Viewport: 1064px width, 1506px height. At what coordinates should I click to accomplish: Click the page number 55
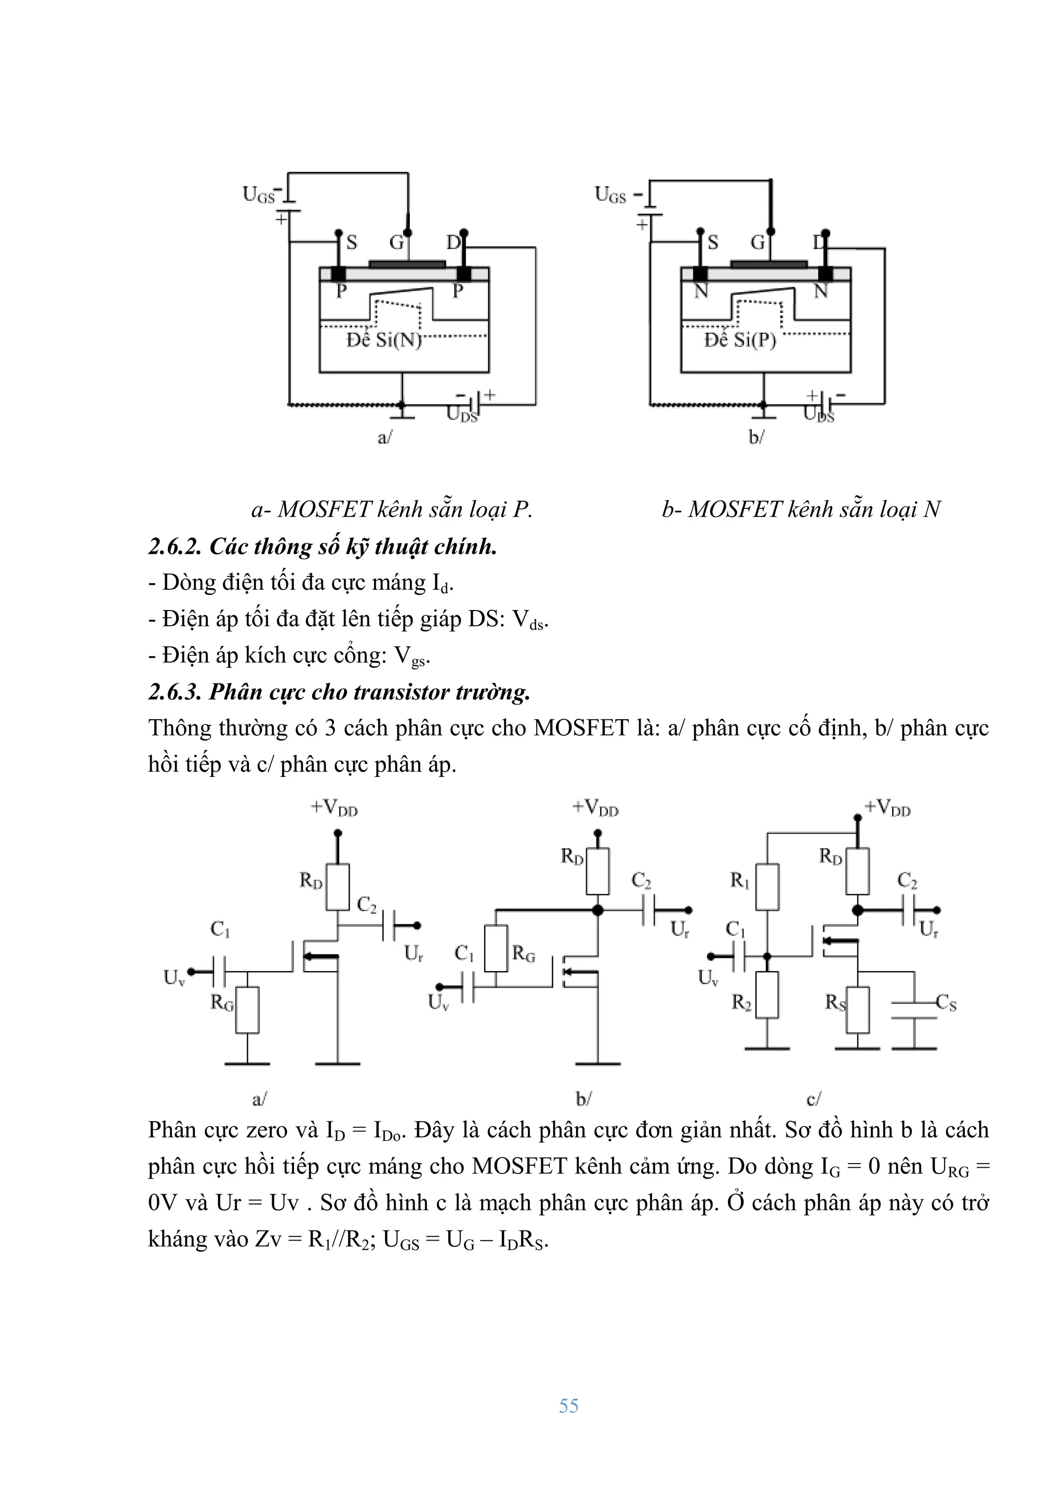(568, 1406)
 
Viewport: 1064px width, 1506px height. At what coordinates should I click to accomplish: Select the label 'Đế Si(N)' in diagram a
(383, 340)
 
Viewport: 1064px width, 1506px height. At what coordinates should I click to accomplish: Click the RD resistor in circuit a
(338, 887)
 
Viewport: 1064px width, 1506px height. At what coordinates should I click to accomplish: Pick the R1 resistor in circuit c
(767, 887)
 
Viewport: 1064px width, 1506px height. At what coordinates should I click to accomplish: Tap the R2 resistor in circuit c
(767, 994)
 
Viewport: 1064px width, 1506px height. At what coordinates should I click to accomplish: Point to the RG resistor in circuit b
(496, 948)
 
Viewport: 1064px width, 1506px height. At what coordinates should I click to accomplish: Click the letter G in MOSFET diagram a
(396, 243)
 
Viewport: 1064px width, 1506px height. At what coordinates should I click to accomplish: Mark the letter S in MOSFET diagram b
(713, 243)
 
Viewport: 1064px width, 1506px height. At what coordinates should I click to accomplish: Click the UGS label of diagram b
(610, 195)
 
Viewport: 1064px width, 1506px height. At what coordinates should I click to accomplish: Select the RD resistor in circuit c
(858, 871)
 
